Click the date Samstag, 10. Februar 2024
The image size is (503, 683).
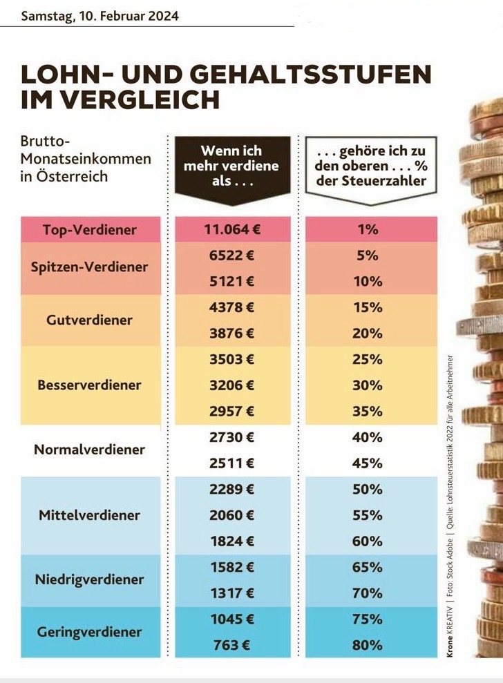pyautogui.click(x=99, y=15)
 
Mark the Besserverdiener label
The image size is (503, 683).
pyautogui.click(x=90, y=385)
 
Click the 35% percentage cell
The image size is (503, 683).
pyautogui.click(x=368, y=412)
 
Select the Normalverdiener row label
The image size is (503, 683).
pyautogui.click(x=90, y=450)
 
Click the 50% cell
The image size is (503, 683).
pyautogui.click(x=368, y=490)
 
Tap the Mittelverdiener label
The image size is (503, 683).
pyautogui.click(x=90, y=515)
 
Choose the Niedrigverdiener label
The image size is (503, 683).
pyautogui.click(x=90, y=579)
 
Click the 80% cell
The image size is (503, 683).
pyautogui.click(x=368, y=646)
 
